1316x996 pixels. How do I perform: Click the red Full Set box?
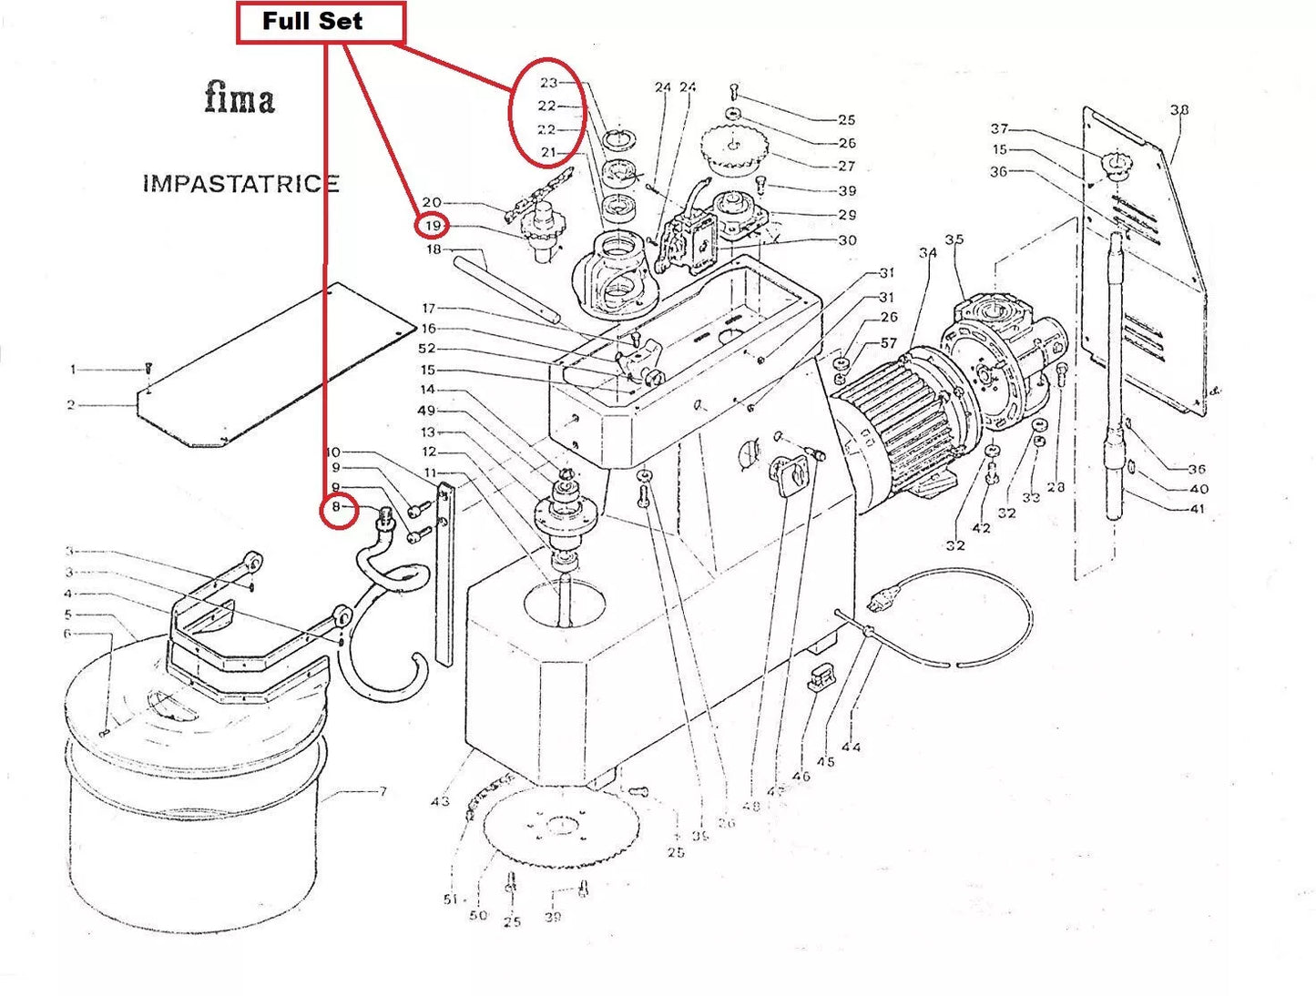click(x=320, y=23)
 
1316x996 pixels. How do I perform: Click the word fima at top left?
click(x=239, y=97)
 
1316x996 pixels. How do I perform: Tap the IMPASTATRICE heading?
click(x=240, y=183)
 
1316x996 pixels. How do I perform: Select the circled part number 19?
click(x=432, y=225)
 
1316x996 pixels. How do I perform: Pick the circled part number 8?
click(x=336, y=507)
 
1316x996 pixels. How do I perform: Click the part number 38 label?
click(x=1178, y=110)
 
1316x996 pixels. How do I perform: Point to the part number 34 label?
click(x=927, y=252)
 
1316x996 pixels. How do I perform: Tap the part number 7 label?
click(x=383, y=791)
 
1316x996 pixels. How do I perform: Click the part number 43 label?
click(x=440, y=801)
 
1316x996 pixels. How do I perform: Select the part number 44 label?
click(x=851, y=747)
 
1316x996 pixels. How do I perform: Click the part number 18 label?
click(x=434, y=249)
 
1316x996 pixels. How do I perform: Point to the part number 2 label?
click(x=71, y=404)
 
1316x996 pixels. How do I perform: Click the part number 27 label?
click(x=846, y=166)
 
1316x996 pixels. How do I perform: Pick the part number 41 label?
click(x=1197, y=508)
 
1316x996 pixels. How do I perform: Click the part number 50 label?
click(x=478, y=915)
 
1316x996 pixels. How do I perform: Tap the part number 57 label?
click(x=888, y=343)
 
